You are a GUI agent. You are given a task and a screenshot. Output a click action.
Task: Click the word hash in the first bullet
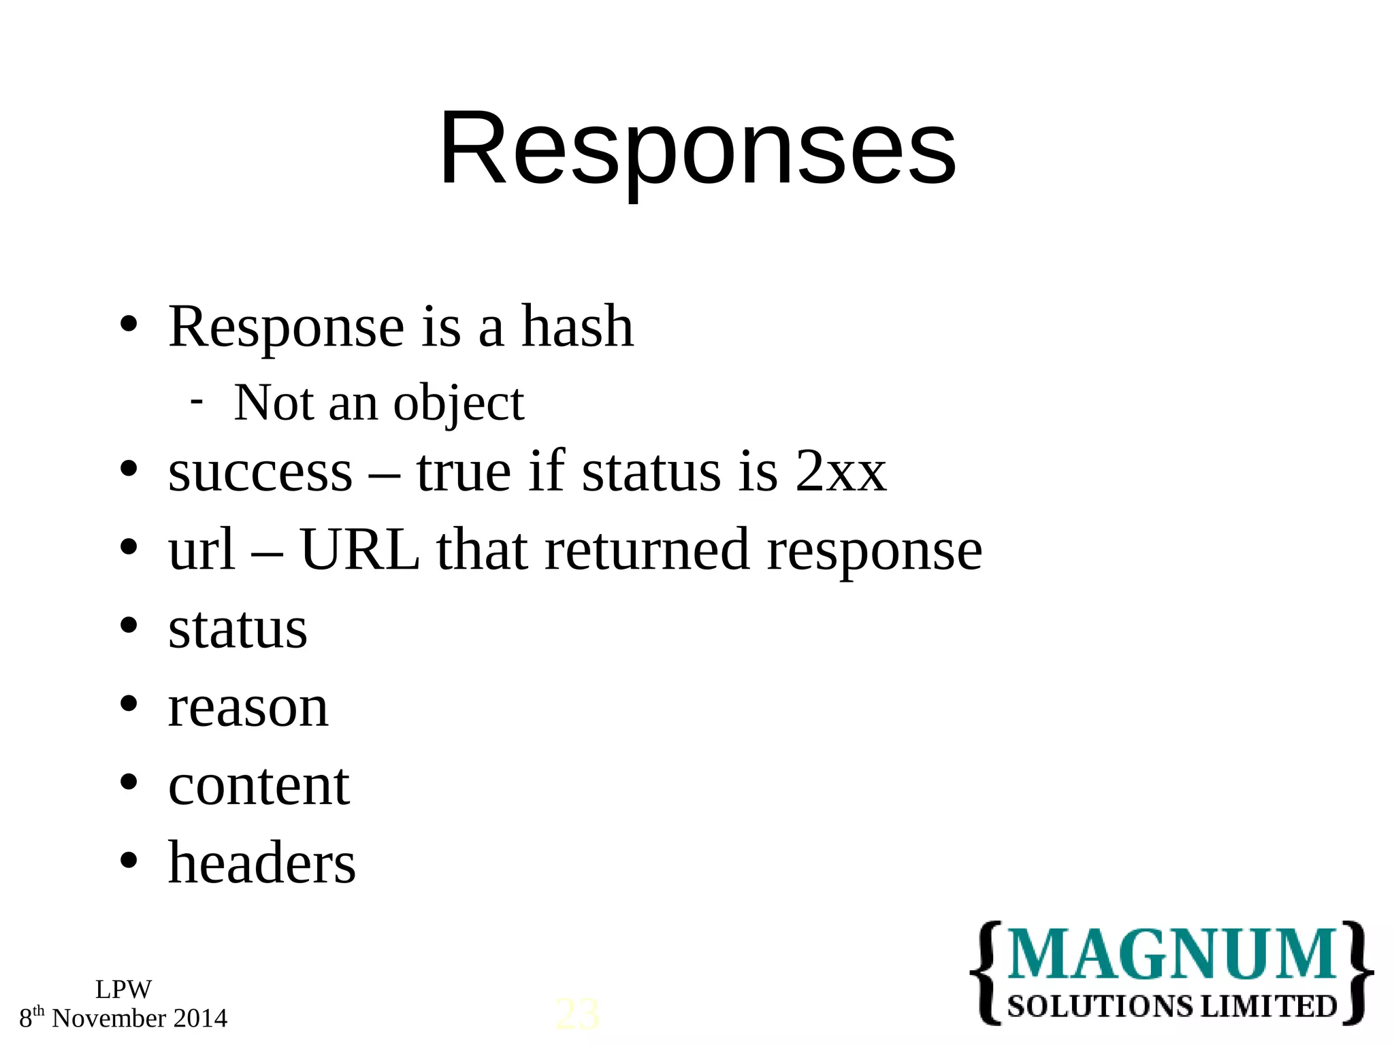pyautogui.click(x=577, y=327)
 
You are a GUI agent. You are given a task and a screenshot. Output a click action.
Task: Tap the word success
pyautogui.click(x=260, y=472)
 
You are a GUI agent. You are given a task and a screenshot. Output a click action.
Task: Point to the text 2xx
pyautogui.click(x=840, y=472)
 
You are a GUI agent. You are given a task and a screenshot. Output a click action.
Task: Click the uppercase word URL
pyautogui.click(x=359, y=550)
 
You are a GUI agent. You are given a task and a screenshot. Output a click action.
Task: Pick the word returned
pyautogui.click(x=647, y=550)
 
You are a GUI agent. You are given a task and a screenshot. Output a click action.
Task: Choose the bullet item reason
pyautogui.click(x=248, y=708)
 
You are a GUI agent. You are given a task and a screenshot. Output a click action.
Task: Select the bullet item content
pyautogui.click(x=259, y=786)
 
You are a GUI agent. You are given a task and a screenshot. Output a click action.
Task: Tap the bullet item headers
pyautogui.click(x=261, y=863)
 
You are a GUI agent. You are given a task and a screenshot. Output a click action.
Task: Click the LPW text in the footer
pyautogui.click(x=123, y=989)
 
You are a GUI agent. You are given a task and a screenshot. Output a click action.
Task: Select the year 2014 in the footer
pyautogui.click(x=200, y=1018)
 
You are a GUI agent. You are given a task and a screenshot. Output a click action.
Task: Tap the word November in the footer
pyautogui.click(x=109, y=1018)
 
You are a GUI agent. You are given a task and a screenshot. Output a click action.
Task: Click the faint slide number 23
pyautogui.click(x=577, y=1014)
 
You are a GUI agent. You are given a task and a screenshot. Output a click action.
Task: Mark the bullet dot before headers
pyautogui.click(x=129, y=861)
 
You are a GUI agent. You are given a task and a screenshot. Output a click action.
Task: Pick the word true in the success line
pyautogui.click(x=464, y=472)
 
